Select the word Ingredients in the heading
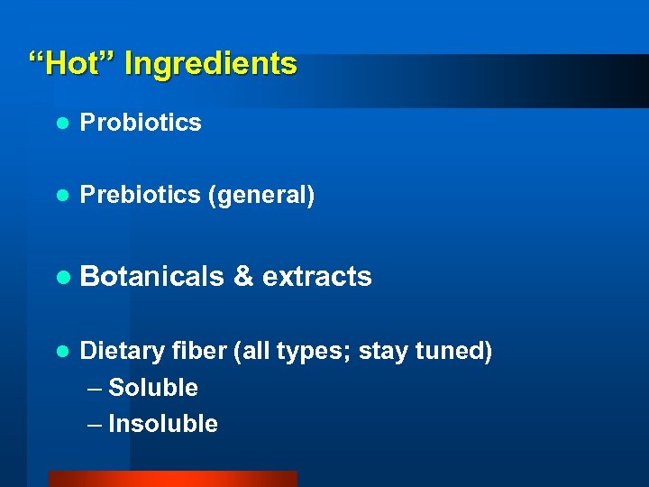(210, 65)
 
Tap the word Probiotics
(141, 123)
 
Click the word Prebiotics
(140, 195)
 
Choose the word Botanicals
(151, 276)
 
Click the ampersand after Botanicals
(242, 276)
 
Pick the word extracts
(316, 276)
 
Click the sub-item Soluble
(153, 388)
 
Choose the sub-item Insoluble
(163, 424)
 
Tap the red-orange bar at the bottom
(172, 479)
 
